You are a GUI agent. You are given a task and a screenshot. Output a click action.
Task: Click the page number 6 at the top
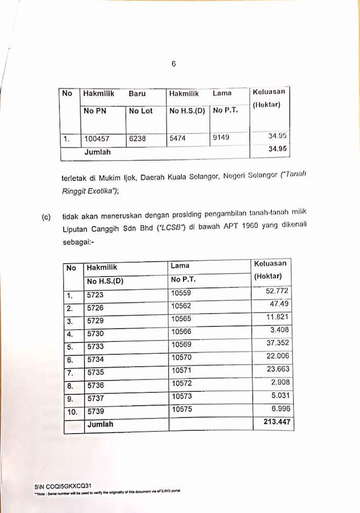(x=174, y=64)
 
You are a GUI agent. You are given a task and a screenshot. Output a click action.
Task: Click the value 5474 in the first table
(x=178, y=138)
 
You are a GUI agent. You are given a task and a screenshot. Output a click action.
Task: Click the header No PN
(x=95, y=111)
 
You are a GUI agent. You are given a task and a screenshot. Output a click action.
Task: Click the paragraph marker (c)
(x=46, y=217)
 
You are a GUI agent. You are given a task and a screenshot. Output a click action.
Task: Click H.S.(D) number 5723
(x=95, y=296)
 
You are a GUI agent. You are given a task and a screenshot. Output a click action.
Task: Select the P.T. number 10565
(x=181, y=319)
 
